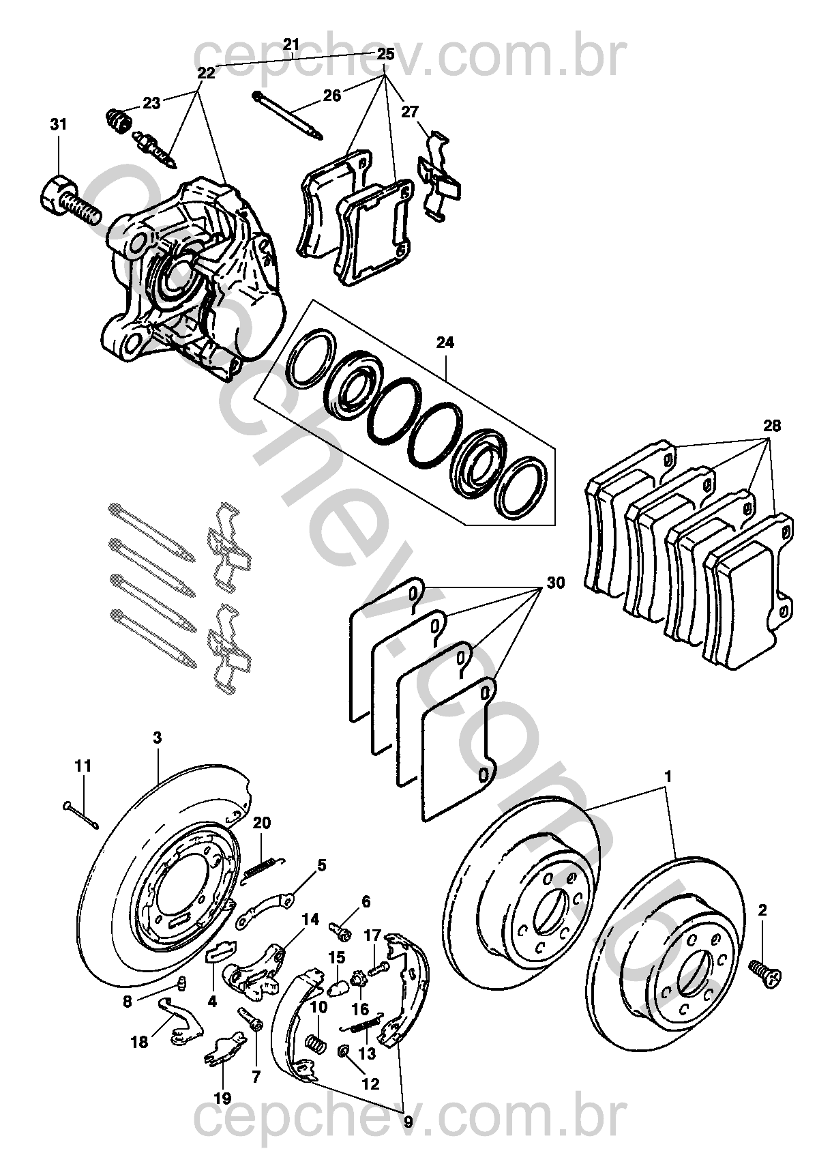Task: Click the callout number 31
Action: point(59,125)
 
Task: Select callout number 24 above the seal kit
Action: point(445,343)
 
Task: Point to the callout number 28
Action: point(772,426)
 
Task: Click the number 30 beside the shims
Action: point(556,583)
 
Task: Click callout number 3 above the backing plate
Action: point(158,738)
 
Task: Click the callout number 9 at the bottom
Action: point(409,1120)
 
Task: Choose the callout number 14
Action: point(310,920)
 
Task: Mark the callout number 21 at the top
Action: point(291,45)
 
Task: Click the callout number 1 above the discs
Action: point(668,776)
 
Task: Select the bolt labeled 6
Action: point(340,929)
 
